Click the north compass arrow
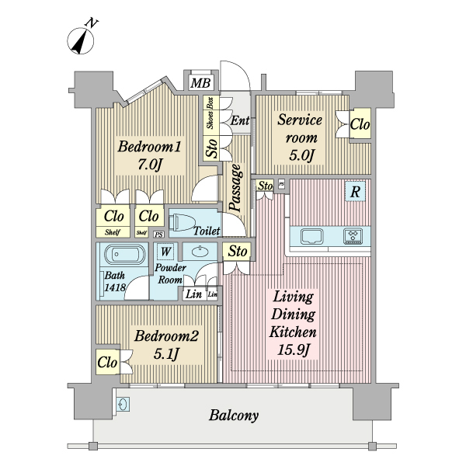click(81, 41)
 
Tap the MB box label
click(200, 83)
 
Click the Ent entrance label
click(239, 121)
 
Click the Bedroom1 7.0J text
click(149, 155)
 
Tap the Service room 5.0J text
click(299, 137)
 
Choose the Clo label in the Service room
click(359, 124)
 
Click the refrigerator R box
click(355, 191)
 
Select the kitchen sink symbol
click(312, 236)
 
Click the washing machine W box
click(165, 252)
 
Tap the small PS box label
click(159, 234)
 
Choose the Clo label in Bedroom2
click(107, 362)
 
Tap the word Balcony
click(234, 416)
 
